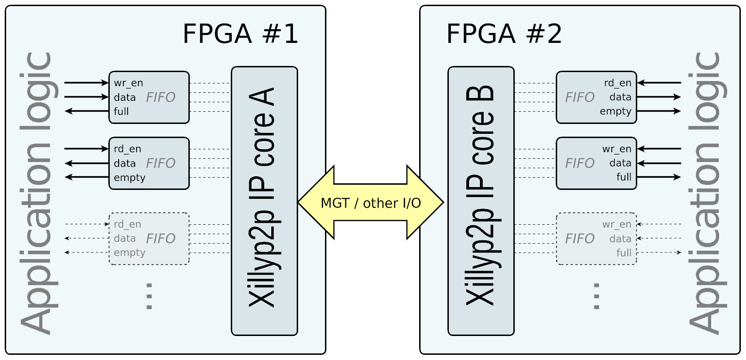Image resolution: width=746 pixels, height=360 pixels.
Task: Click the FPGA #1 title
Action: pyautogui.click(x=240, y=34)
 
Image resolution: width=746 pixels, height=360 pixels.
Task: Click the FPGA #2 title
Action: pyautogui.click(x=504, y=34)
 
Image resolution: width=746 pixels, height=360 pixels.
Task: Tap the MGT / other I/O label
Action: pyautogui.click(x=371, y=203)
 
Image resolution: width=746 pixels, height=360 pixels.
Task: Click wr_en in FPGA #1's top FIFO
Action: pyautogui.click(x=128, y=83)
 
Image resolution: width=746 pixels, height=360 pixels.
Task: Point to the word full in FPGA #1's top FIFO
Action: pyautogui.click(x=121, y=112)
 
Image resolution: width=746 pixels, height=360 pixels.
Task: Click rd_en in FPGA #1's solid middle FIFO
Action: pyautogui.click(x=127, y=149)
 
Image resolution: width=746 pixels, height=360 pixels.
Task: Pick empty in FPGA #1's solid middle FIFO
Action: pyautogui.click(x=130, y=178)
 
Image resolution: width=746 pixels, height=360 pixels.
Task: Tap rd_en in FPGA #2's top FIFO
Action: pyautogui.click(x=617, y=83)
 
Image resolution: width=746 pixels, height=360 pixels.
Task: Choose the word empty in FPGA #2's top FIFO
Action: pyautogui.click(x=615, y=112)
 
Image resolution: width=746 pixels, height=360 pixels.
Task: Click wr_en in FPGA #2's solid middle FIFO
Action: pyautogui.click(x=616, y=149)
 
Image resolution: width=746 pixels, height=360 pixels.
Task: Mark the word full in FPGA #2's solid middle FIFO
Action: pyautogui.click(x=624, y=177)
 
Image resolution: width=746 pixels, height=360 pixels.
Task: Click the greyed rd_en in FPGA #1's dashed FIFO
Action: pyautogui.click(x=127, y=225)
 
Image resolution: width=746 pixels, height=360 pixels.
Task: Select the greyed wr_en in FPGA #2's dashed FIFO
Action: pyautogui.click(x=616, y=225)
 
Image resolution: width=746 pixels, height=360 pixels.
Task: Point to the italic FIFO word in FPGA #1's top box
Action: pyautogui.click(x=161, y=98)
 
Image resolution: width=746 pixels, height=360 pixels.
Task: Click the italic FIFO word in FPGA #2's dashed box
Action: pyautogui.click(x=580, y=239)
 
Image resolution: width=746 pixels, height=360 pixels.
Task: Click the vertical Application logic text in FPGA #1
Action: pyautogui.click(x=37, y=193)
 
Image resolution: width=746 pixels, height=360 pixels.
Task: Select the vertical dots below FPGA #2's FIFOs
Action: pyautogui.click(x=596, y=296)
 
